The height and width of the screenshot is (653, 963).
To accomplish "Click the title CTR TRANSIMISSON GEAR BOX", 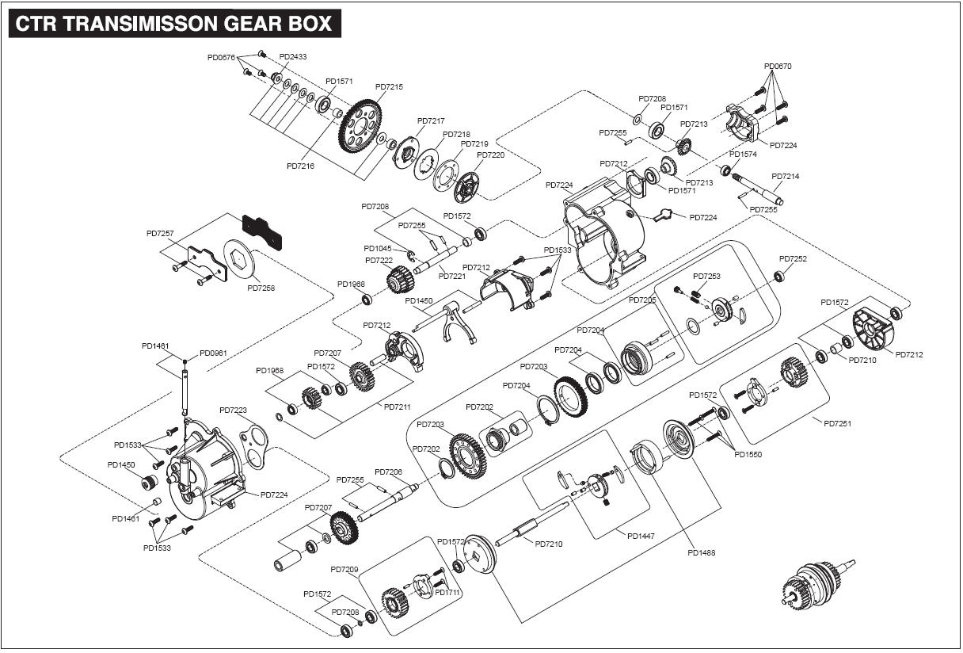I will pyautogui.click(x=174, y=23).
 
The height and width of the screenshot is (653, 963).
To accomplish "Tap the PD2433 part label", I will pyautogui.click(x=293, y=57).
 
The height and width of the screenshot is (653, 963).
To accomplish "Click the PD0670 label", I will pyautogui.click(x=777, y=67).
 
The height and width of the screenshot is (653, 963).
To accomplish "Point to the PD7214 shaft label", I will pyautogui.click(x=785, y=177).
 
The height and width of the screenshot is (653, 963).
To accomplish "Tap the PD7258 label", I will pyautogui.click(x=261, y=288).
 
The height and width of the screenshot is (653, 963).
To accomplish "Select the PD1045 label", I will pyautogui.click(x=378, y=248).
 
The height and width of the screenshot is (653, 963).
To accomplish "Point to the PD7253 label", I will pyautogui.click(x=706, y=277).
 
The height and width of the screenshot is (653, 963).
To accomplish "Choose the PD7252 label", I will pyautogui.click(x=793, y=258).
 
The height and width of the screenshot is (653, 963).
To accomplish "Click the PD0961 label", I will pyautogui.click(x=213, y=353).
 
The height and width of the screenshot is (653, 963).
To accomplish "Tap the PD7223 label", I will pyautogui.click(x=234, y=411).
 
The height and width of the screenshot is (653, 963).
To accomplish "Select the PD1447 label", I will pyautogui.click(x=641, y=536).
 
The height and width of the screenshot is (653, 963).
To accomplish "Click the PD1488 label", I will pyautogui.click(x=701, y=552).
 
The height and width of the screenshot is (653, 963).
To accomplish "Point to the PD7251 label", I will pyautogui.click(x=837, y=423).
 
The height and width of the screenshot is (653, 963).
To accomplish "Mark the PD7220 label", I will pyautogui.click(x=490, y=155).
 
